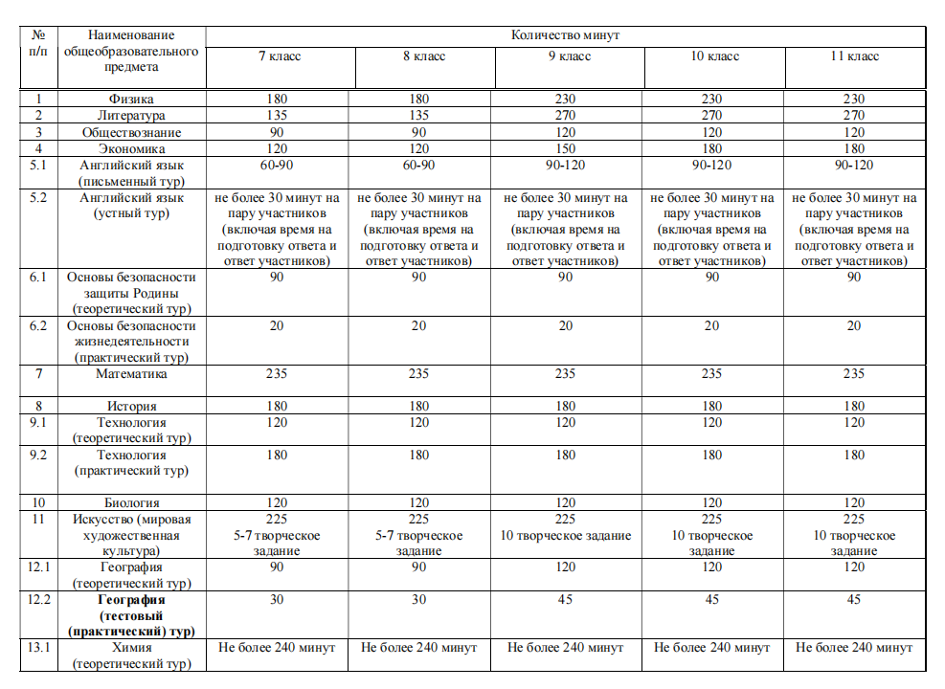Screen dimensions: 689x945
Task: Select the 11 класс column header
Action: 854,56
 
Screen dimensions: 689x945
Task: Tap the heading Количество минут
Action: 565,34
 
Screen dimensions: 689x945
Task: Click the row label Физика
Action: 131,99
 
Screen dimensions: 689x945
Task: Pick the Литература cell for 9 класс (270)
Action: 565,116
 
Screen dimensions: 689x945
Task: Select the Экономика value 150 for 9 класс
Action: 565,148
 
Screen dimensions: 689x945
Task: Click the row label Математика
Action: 131,374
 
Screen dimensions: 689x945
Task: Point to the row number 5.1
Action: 38,165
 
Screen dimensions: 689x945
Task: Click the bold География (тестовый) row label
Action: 131,615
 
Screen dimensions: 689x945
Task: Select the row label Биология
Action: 131,502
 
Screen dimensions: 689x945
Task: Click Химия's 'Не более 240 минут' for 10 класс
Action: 711,648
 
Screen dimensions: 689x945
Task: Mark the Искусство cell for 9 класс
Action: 565,527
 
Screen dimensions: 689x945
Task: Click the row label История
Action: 131,407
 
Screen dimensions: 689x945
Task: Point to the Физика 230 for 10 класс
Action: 711,99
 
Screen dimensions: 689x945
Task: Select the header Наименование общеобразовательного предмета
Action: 131,51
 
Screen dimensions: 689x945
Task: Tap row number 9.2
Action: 38,456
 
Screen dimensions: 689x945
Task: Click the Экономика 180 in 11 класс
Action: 854,148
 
